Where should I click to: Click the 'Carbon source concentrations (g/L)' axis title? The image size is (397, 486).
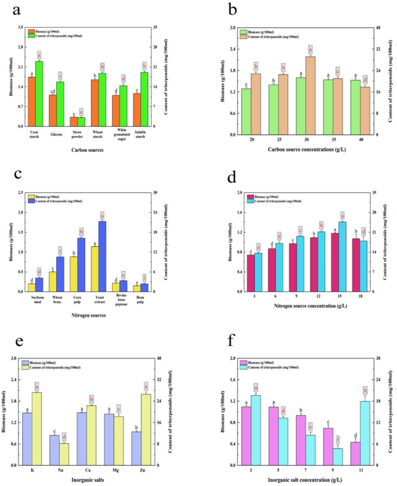click(304, 150)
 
